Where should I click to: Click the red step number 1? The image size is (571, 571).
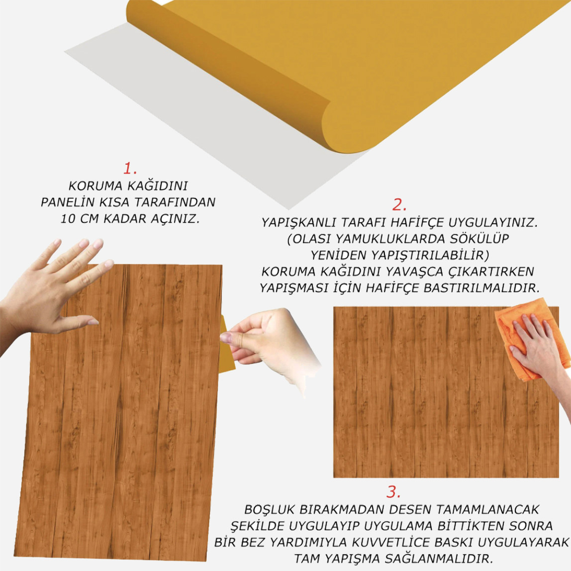tap(130, 169)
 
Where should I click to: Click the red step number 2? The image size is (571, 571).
tap(399, 205)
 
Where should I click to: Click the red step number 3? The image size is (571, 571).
tap(393, 492)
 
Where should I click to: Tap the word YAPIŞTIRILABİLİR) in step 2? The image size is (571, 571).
tap(430, 255)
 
